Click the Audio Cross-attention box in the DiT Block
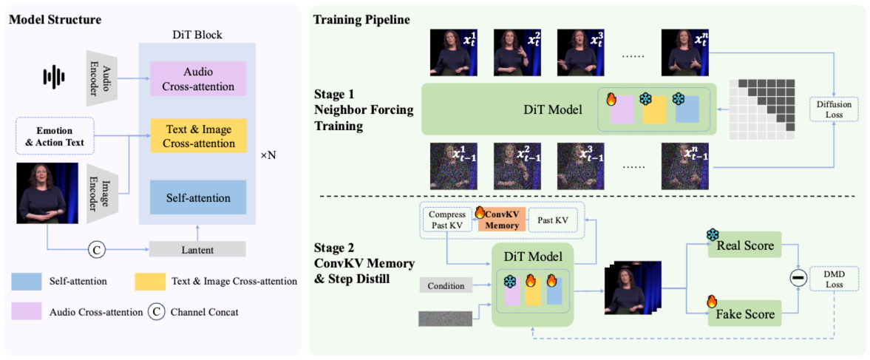[197, 78]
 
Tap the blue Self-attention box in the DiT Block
[197, 198]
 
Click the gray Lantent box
[197, 250]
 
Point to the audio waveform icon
[53, 75]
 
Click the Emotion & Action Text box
[49, 137]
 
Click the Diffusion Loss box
[833, 109]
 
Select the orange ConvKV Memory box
[501, 220]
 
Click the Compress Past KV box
[446, 220]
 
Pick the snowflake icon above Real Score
[713, 234]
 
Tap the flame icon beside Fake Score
[712, 301]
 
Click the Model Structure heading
[55, 16]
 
